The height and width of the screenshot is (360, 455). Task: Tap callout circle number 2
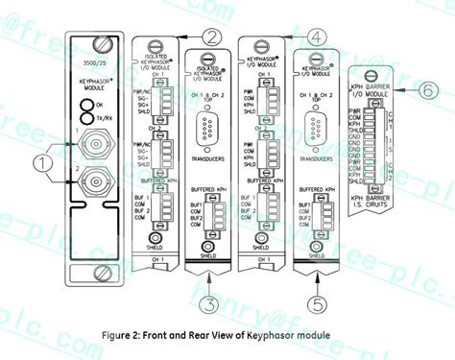point(211,37)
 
